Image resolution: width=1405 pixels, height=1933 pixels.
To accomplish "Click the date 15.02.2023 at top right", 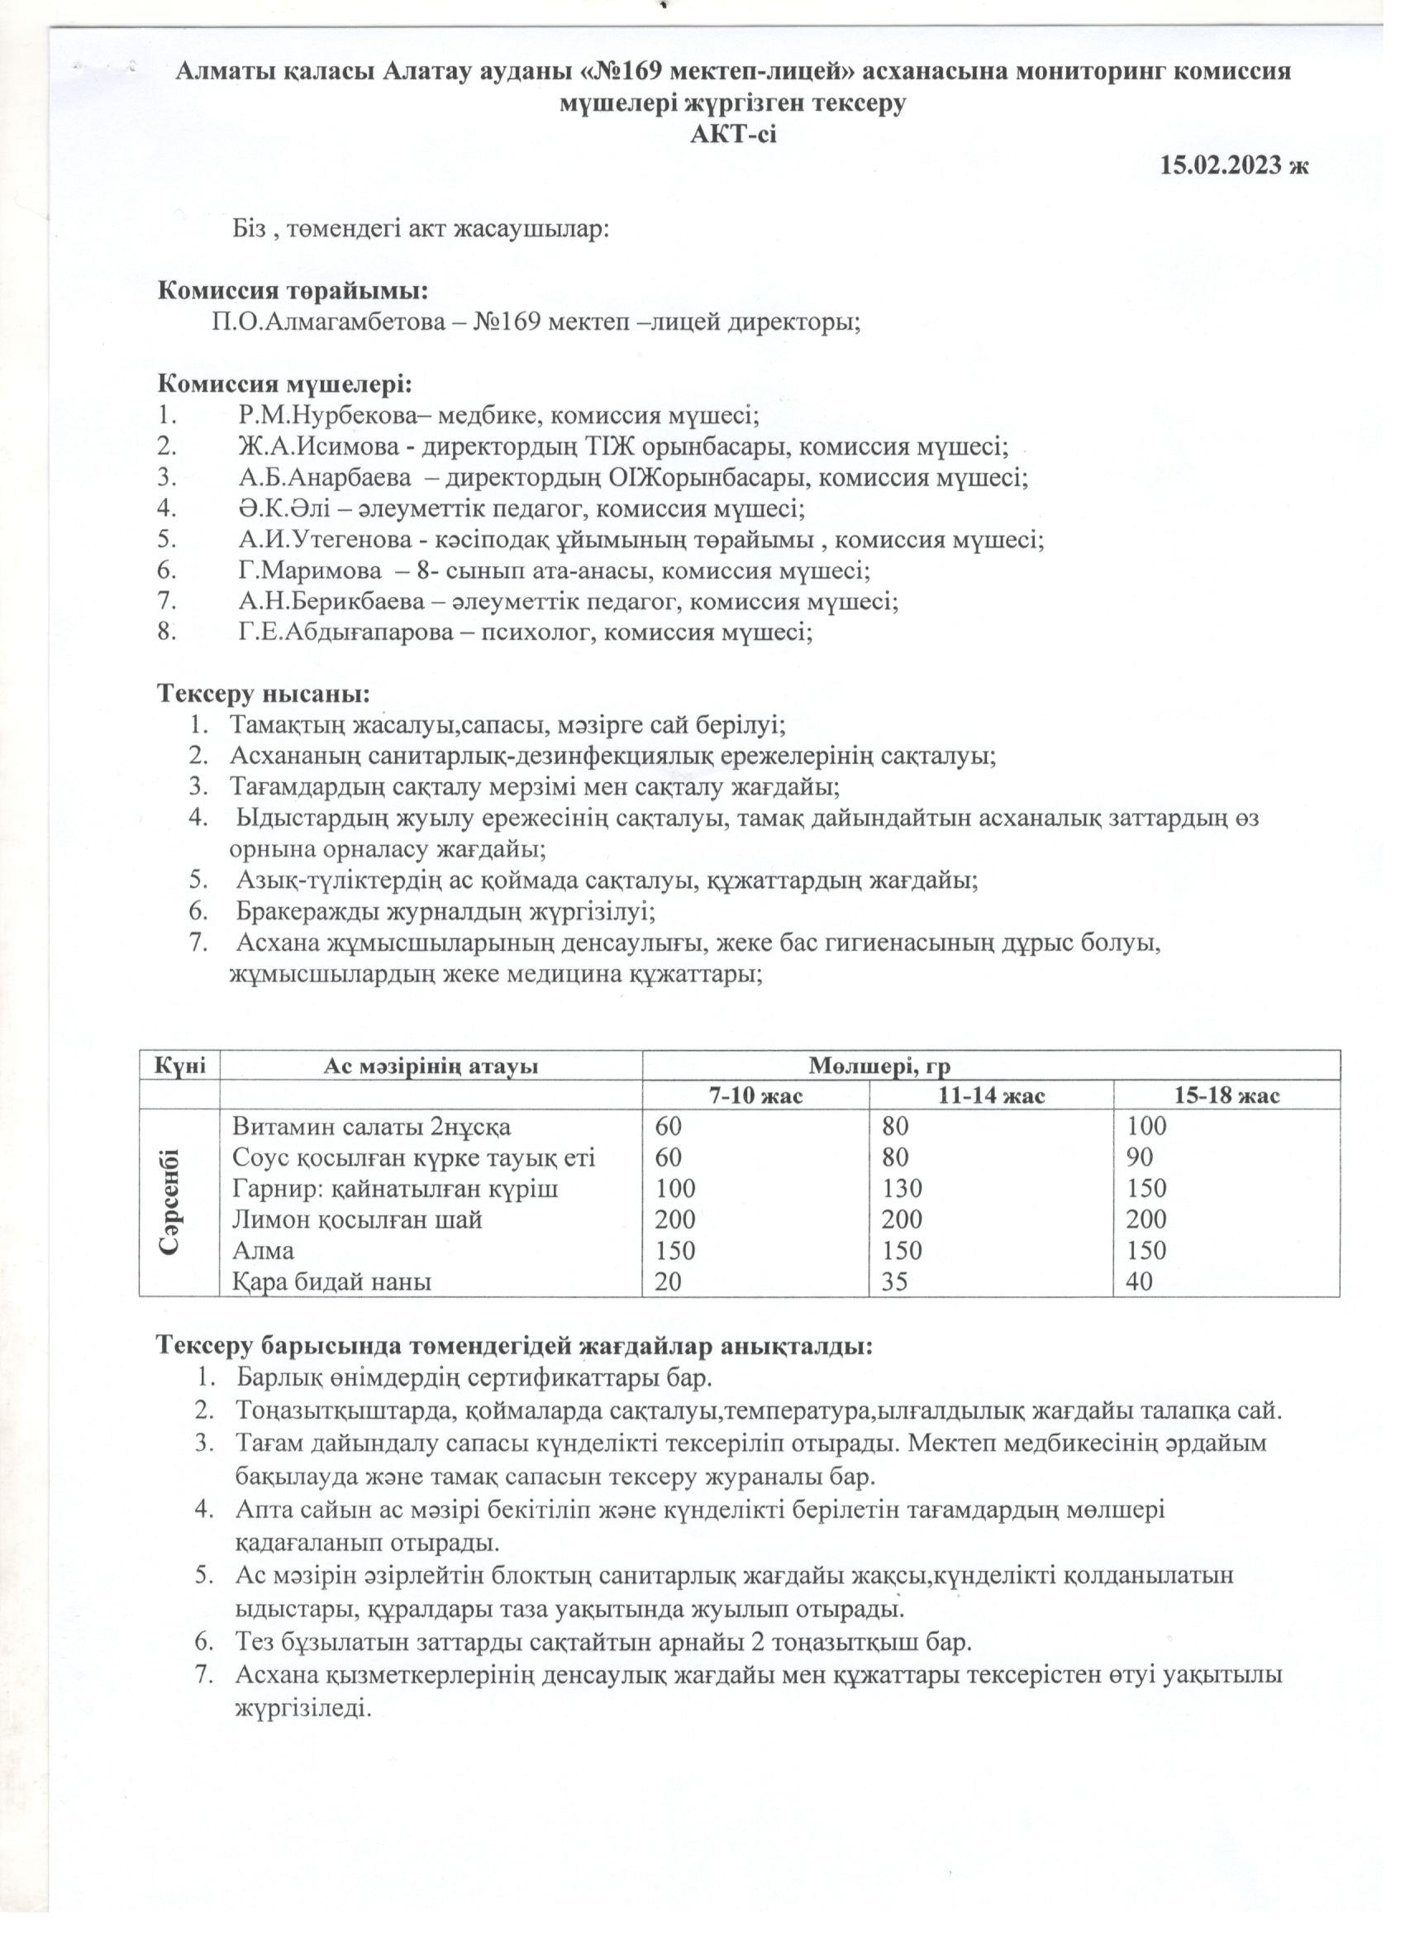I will [1222, 165].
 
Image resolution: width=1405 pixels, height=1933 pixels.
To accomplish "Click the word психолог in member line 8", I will [527, 632].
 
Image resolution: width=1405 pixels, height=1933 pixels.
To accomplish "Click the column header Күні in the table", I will [179, 1066].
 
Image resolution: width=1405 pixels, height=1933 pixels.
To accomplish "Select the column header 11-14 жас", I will [991, 1096].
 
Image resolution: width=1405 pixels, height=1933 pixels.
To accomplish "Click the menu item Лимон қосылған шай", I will [358, 1219].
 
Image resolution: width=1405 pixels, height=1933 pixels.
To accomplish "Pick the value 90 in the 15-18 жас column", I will [1139, 1157].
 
